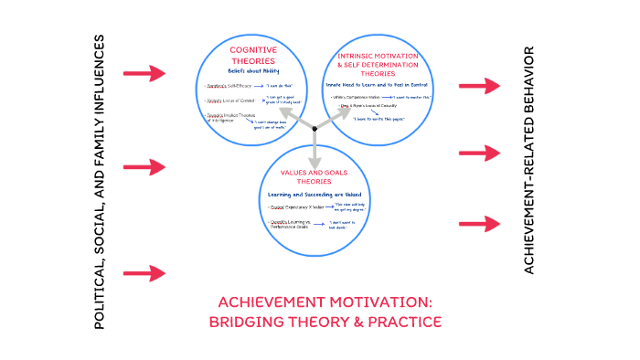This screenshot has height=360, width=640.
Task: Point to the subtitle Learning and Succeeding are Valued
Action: click(x=314, y=195)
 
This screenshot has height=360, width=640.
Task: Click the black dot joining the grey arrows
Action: click(x=315, y=129)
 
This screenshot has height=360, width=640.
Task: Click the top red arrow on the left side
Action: click(x=144, y=71)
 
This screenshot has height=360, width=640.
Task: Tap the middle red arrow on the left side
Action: click(x=144, y=167)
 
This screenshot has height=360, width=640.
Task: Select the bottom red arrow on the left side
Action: click(x=144, y=272)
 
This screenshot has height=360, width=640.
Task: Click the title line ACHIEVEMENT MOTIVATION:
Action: click(x=325, y=302)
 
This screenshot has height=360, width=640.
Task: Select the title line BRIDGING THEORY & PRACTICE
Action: click(x=325, y=322)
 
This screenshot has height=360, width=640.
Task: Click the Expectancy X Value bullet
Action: click(x=290, y=207)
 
